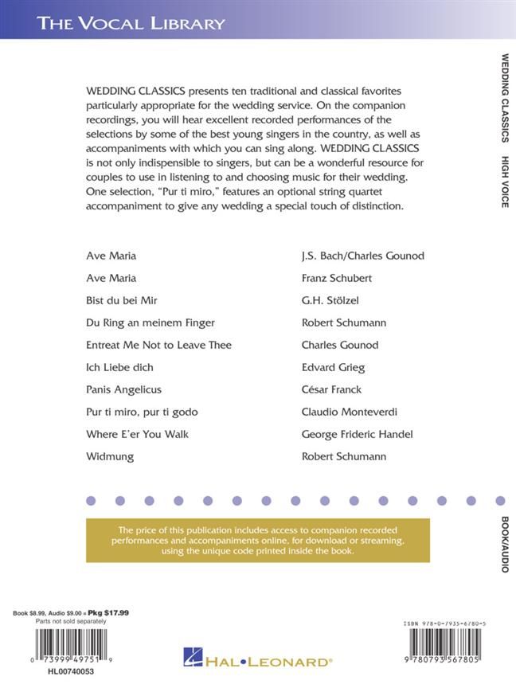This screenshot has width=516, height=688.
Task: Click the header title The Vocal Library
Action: [x=131, y=22]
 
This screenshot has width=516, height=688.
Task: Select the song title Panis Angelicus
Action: [x=123, y=389]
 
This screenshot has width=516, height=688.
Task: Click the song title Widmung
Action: [x=110, y=456]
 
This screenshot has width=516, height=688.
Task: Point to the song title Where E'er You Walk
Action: [x=137, y=434]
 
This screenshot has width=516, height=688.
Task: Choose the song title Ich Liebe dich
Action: [x=119, y=367]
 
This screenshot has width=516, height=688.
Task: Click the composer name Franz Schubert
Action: [x=337, y=278]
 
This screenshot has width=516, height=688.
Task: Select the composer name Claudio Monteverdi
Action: [x=349, y=412]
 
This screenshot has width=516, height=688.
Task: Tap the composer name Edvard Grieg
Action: [x=333, y=367]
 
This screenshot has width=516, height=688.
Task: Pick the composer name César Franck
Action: [x=331, y=389]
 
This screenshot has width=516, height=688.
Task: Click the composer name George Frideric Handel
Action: [x=357, y=434]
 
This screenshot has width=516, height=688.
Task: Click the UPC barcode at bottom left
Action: [x=60, y=643]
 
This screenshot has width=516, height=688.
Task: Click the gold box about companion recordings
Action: [x=257, y=541]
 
